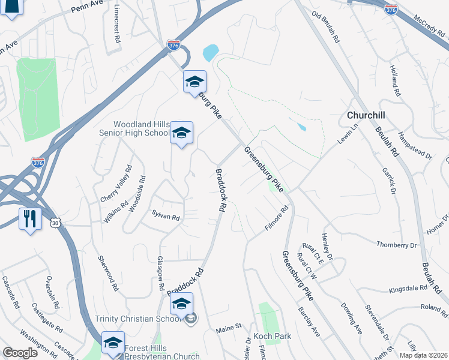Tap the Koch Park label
click(272, 336)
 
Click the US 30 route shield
click(55, 222)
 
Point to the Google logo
click(20, 353)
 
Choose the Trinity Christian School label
click(138, 319)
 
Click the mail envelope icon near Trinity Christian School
click(191, 319)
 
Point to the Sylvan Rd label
click(166, 215)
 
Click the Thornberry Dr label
click(396, 245)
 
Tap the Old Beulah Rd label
click(326, 29)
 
